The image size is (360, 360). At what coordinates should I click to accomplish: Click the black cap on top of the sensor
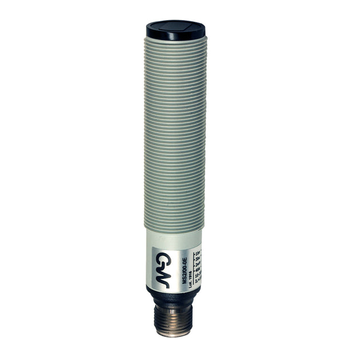tap(175, 31)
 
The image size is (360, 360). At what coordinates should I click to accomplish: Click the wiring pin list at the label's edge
tap(197, 266)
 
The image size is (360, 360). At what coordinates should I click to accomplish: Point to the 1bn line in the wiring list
tap(197, 252)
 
